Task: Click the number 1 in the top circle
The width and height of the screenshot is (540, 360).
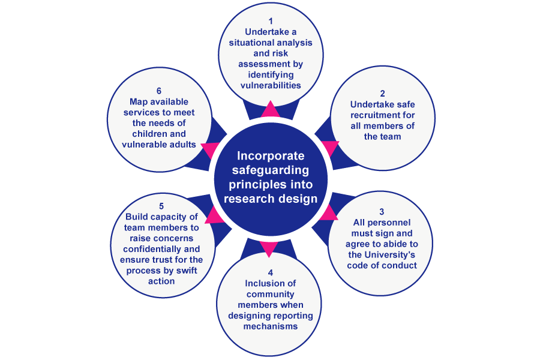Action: click(270, 20)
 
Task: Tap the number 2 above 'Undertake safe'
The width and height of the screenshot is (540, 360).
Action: click(382, 93)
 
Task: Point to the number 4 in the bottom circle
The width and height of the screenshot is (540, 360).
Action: click(270, 272)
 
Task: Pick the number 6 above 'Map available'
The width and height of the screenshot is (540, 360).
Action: click(159, 91)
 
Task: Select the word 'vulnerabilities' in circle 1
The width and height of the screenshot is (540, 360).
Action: click(270, 85)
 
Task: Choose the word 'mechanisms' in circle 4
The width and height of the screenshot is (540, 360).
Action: click(270, 327)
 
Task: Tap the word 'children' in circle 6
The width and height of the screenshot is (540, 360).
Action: click(159, 134)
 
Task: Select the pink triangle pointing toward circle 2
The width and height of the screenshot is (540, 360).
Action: click(330, 147)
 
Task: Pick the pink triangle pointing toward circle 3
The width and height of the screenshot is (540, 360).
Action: click(328, 213)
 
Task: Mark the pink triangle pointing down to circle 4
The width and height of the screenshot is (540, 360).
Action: click(270, 248)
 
